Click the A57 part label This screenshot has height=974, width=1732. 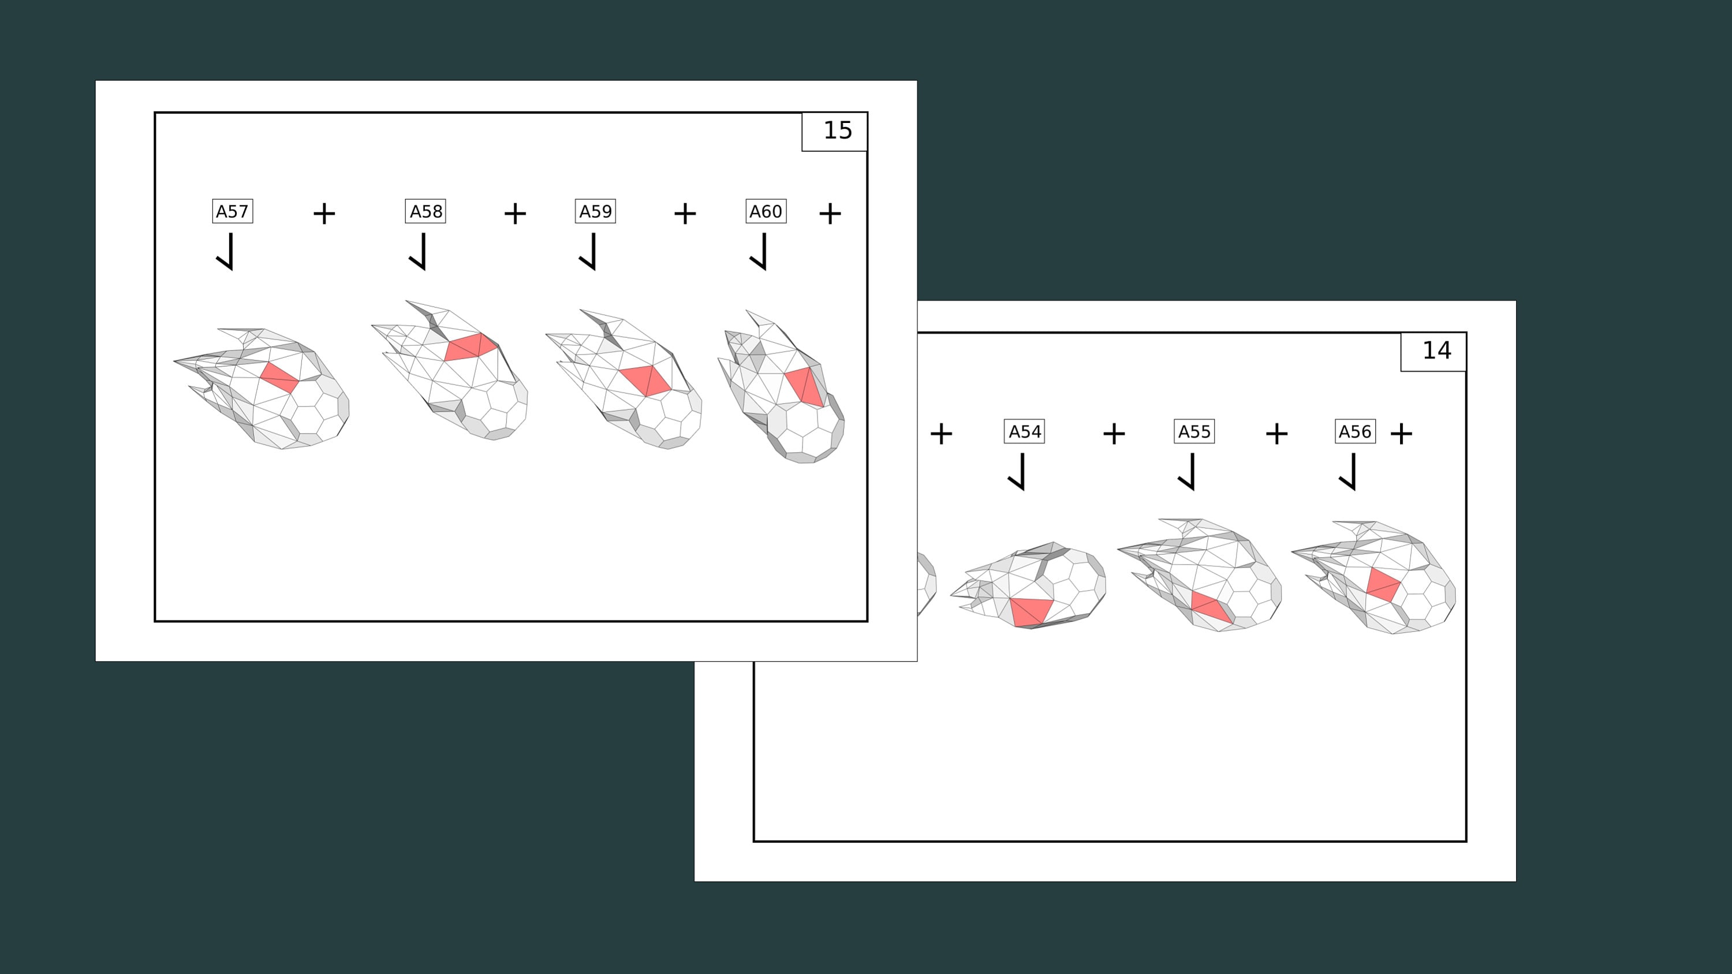click(232, 211)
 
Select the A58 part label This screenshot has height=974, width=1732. click(425, 211)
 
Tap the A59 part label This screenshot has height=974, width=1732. click(596, 211)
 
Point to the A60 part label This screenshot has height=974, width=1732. click(766, 211)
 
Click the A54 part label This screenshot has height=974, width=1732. click(1025, 431)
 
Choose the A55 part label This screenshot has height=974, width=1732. click(1194, 431)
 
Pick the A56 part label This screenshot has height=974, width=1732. click(1355, 431)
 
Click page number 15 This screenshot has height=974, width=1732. click(838, 130)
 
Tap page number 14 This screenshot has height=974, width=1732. click(1437, 350)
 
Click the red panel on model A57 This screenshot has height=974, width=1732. click(279, 377)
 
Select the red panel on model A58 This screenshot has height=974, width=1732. click(470, 347)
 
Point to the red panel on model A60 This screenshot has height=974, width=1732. click(805, 386)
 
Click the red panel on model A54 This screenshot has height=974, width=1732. click(1031, 611)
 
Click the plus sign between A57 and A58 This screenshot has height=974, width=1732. click(324, 214)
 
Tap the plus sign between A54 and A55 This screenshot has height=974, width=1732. click(1114, 434)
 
